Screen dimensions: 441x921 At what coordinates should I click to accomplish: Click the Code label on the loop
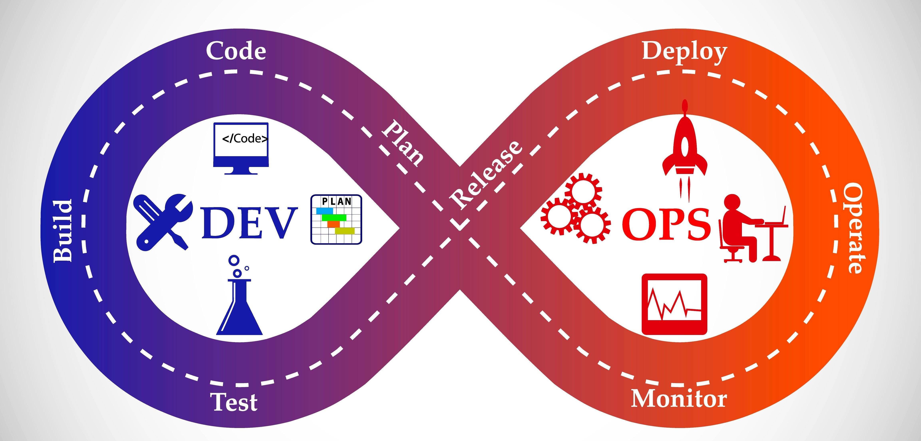[x=236, y=51]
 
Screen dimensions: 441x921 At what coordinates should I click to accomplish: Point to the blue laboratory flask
[x=239, y=304]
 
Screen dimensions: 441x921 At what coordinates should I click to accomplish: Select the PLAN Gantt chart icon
[x=336, y=220]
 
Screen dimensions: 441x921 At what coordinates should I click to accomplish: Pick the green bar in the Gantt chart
[x=334, y=217]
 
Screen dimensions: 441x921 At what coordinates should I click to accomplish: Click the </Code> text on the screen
[x=245, y=139]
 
